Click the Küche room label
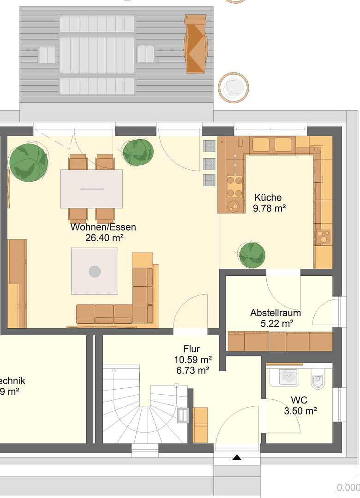[268, 198]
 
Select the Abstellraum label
[276, 313]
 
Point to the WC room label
[299, 400]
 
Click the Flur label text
[192, 349]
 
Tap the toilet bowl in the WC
[318, 381]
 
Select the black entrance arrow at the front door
[237, 457]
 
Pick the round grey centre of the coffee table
[95, 271]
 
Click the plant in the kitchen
[252, 255]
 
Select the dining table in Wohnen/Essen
[91, 189]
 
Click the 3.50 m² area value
[300, 410]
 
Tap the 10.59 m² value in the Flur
[193, 359]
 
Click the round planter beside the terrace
[234, 87]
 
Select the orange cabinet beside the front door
[201, 425]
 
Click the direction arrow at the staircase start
[114, 369]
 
